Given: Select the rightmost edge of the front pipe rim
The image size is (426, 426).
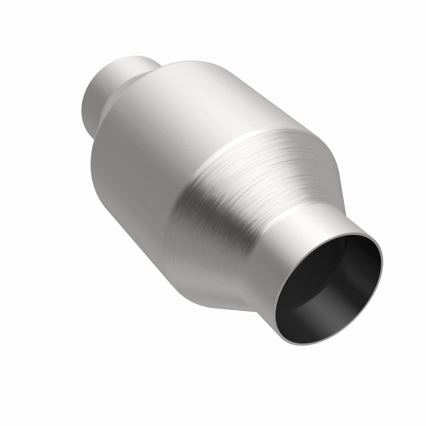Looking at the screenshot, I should pyautogui.click(x=382, y=261).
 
